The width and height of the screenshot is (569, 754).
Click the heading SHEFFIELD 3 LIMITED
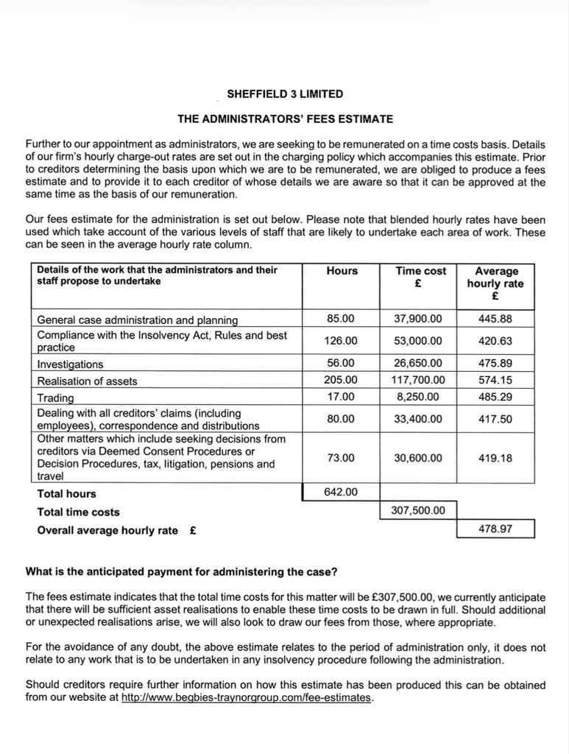[x=284, y=94]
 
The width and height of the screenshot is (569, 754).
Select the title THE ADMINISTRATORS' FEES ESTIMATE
[x=284, y=117]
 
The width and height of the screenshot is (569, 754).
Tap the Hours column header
[x=342, y=271]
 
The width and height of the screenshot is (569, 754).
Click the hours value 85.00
[x=342, y=319]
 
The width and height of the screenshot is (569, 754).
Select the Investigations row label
[x=71, y=364]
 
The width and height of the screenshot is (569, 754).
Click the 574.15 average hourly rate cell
[x=495, y=380]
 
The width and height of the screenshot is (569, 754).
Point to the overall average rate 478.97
[x=495, y=529]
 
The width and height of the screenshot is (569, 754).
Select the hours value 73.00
[x=342, y=457]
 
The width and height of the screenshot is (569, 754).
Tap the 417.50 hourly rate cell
[x=495, y=419]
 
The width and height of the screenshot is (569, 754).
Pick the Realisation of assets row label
[x=87, y=381]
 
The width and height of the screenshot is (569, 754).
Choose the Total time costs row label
[x=79, y=512]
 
